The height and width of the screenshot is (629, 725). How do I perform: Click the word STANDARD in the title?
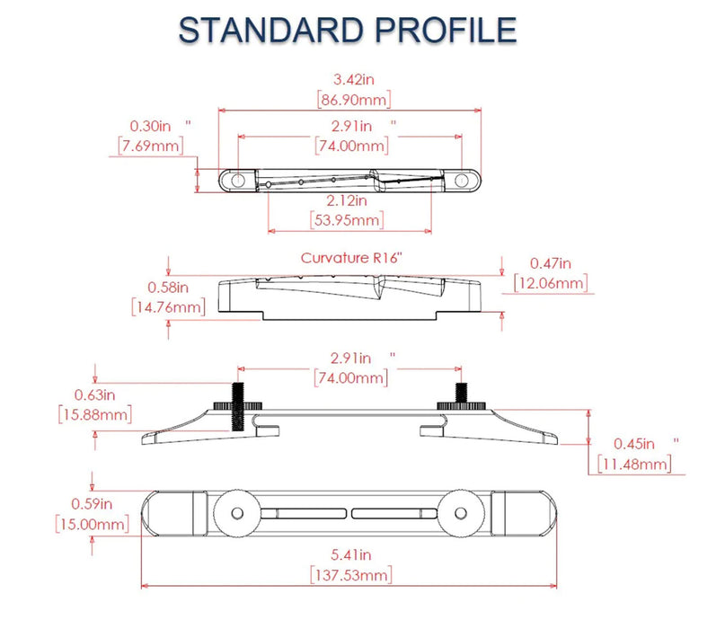pyautogui.click(x=271, y=31)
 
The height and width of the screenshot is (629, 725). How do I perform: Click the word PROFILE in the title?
pyautogui.click(x=446, y=31)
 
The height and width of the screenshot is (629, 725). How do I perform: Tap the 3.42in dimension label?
pyautogui.click(x=354, y=80)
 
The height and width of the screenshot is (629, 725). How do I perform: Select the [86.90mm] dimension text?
pyautogui.click(x=354, y=100)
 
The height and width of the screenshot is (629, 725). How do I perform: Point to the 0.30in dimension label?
pyautogui.click(x=150, y=126)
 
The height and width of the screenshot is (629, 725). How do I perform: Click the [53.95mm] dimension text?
pyautogui.click(x=347, y=219)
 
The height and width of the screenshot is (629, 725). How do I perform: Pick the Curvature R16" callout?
pyautogui.click(x=351, y=258)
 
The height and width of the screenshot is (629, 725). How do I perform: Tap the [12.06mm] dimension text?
pyautogui.click(x=551, y=282)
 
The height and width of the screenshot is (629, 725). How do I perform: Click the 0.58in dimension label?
pyautogui.click(x=168, y=288)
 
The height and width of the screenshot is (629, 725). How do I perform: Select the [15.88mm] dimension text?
pyautogui.click(x=95, y=414)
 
